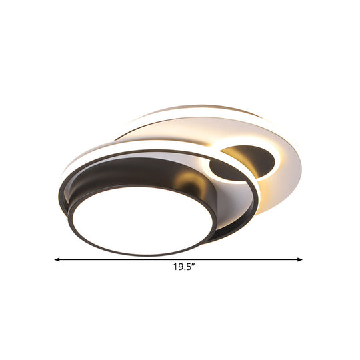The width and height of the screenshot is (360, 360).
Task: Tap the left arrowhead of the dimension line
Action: point(57,259)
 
